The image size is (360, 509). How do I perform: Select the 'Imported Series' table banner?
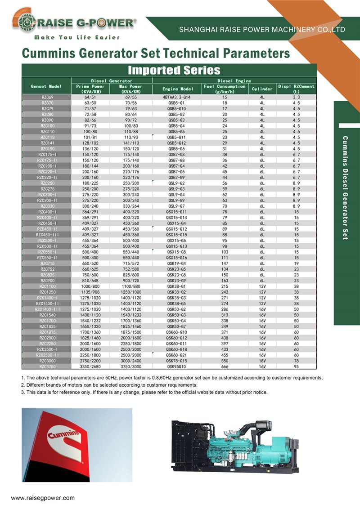click(174, 70)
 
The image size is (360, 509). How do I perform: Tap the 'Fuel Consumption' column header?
click(225, 89)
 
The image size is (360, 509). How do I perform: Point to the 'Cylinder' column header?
click(262, 89)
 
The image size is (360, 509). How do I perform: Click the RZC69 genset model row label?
click(47, 98)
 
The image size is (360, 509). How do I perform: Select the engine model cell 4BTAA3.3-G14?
click(177, 98)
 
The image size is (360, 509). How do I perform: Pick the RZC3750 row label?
click(47, 366)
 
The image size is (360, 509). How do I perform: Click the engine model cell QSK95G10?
click(177, 366)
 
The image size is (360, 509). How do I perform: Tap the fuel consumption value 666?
click(225, 366)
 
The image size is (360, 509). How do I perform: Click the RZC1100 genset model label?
click(47, 286)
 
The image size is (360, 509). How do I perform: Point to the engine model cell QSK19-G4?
click(177, 263)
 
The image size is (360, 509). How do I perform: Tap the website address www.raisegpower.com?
click(43, 498)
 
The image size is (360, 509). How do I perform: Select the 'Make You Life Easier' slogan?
click(77, 37)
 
